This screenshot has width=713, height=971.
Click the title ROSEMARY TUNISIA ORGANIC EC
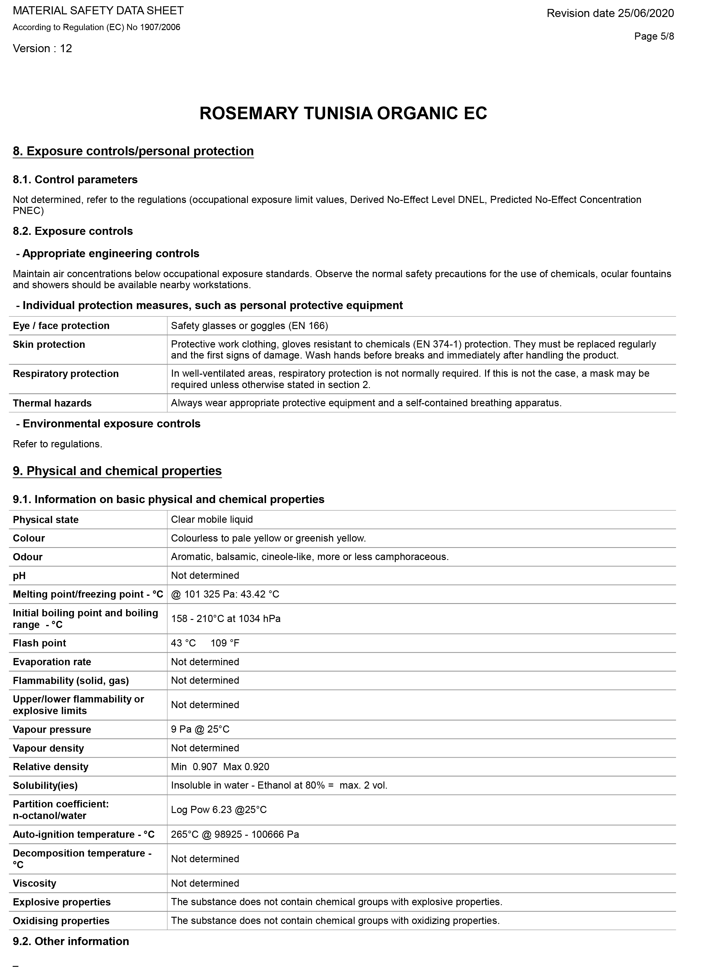point(343,114)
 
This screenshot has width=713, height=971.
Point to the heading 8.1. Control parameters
point(75,180)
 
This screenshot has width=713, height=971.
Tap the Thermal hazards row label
point(52,403)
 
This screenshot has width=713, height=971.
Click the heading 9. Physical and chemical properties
point(117,471)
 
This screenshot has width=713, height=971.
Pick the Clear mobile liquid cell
point(212,519)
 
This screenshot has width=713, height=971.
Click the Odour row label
point(28,557)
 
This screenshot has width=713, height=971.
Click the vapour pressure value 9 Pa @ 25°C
point(200,729)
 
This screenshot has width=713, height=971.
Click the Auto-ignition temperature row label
point(84,834)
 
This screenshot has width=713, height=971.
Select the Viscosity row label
point(35,883)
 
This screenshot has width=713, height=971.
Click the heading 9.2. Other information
point(71,941)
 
